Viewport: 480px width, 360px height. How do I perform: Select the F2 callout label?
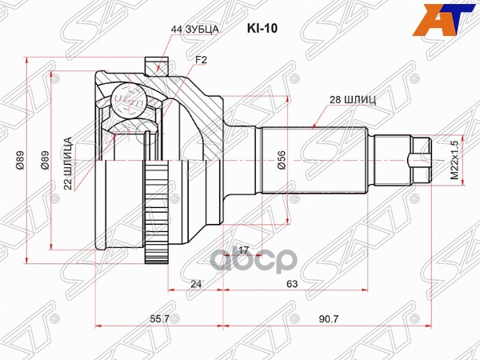point(202,60)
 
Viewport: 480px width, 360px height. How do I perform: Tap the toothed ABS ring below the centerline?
point(156,220)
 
